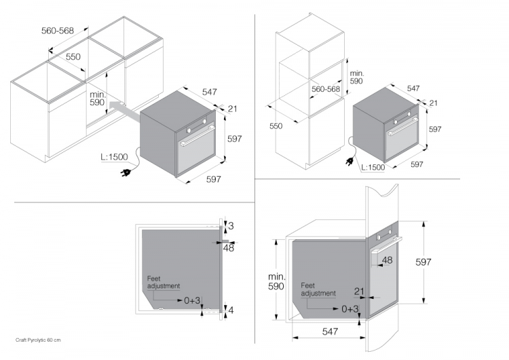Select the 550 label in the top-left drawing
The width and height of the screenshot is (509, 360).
click(x=73, y=57)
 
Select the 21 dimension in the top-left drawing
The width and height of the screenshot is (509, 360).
click(x=232, y=109)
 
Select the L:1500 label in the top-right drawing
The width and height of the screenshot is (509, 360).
click(x=373, y=167)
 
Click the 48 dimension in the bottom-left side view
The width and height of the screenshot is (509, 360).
click(x=228, y=249)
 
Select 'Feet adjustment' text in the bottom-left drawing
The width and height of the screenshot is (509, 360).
click(x=164, y=282)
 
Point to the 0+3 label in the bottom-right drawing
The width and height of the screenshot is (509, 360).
click(x=349, y=308)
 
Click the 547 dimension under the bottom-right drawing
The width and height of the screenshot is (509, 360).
click(x=331, y=332)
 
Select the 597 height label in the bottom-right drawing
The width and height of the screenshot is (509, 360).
click(x=442, y=262)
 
